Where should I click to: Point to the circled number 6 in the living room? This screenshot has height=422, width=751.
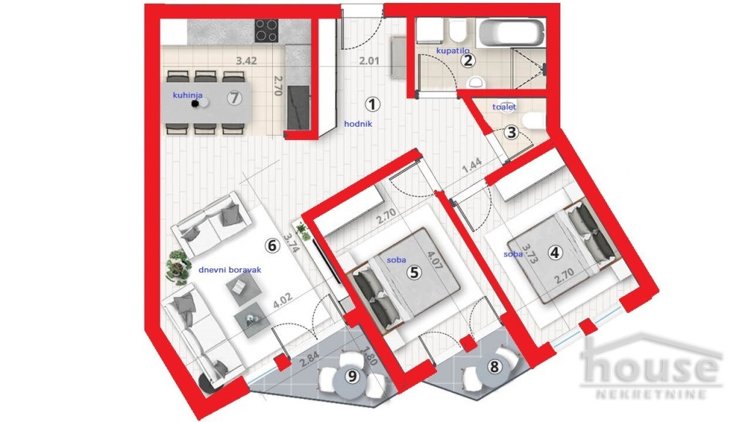[272, 246]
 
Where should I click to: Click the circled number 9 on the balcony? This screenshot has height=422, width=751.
[353, 377]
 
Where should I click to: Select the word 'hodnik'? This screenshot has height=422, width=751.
[359, 124]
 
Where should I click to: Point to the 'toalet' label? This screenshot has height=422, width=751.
[505, 107]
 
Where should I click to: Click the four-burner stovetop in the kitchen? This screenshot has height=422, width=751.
[266, 30]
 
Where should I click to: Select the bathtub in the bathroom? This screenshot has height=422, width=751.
[513, 33]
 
